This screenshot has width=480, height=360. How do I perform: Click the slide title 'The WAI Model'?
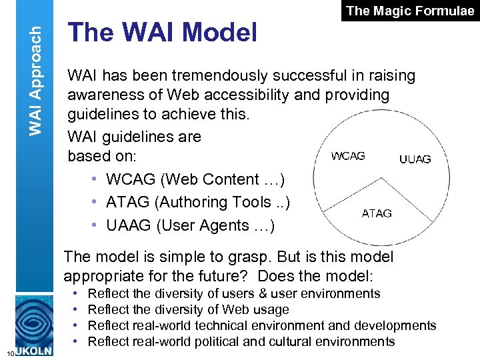coord(163,32)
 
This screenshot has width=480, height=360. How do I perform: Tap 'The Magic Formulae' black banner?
coord(411,11)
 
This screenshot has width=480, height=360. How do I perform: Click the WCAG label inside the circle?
coord(348,156)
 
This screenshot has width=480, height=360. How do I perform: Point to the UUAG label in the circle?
coord(415,159)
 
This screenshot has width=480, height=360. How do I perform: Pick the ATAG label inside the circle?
coord(377,213)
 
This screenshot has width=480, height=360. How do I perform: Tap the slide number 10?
coord(5,353)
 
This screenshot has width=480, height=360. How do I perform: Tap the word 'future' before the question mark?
coord(225,276)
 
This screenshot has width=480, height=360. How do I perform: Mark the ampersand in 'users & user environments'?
coord(263,293)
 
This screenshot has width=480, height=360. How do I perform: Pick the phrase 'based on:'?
coord(102,157)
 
